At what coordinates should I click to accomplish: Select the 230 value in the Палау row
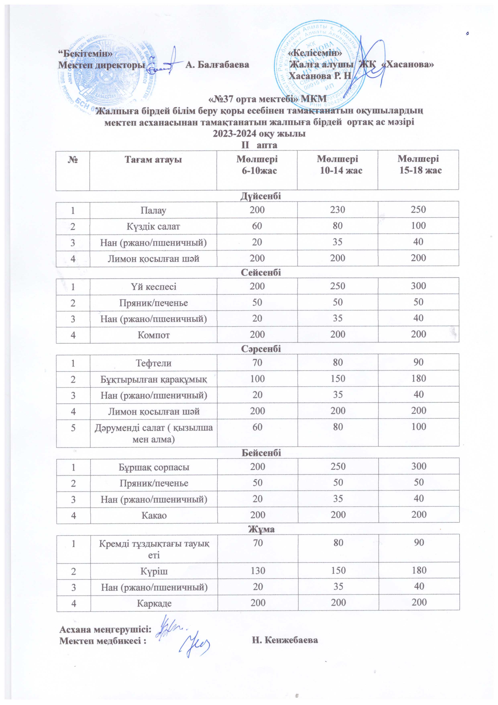click(x=337, y=210)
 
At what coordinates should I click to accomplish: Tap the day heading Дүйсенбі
click(x=261, y=196)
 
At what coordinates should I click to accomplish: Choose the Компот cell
click(x=154, y=335)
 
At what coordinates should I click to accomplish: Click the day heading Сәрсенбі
click(x=261, y=349)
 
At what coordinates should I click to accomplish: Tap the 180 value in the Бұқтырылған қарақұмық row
click(x=419, y=378)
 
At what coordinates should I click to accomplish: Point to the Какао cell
click(x=154, y=515)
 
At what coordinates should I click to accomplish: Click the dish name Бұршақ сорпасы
click(x=154, y=467)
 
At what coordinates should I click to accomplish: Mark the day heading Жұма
click(x=261, y=529)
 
